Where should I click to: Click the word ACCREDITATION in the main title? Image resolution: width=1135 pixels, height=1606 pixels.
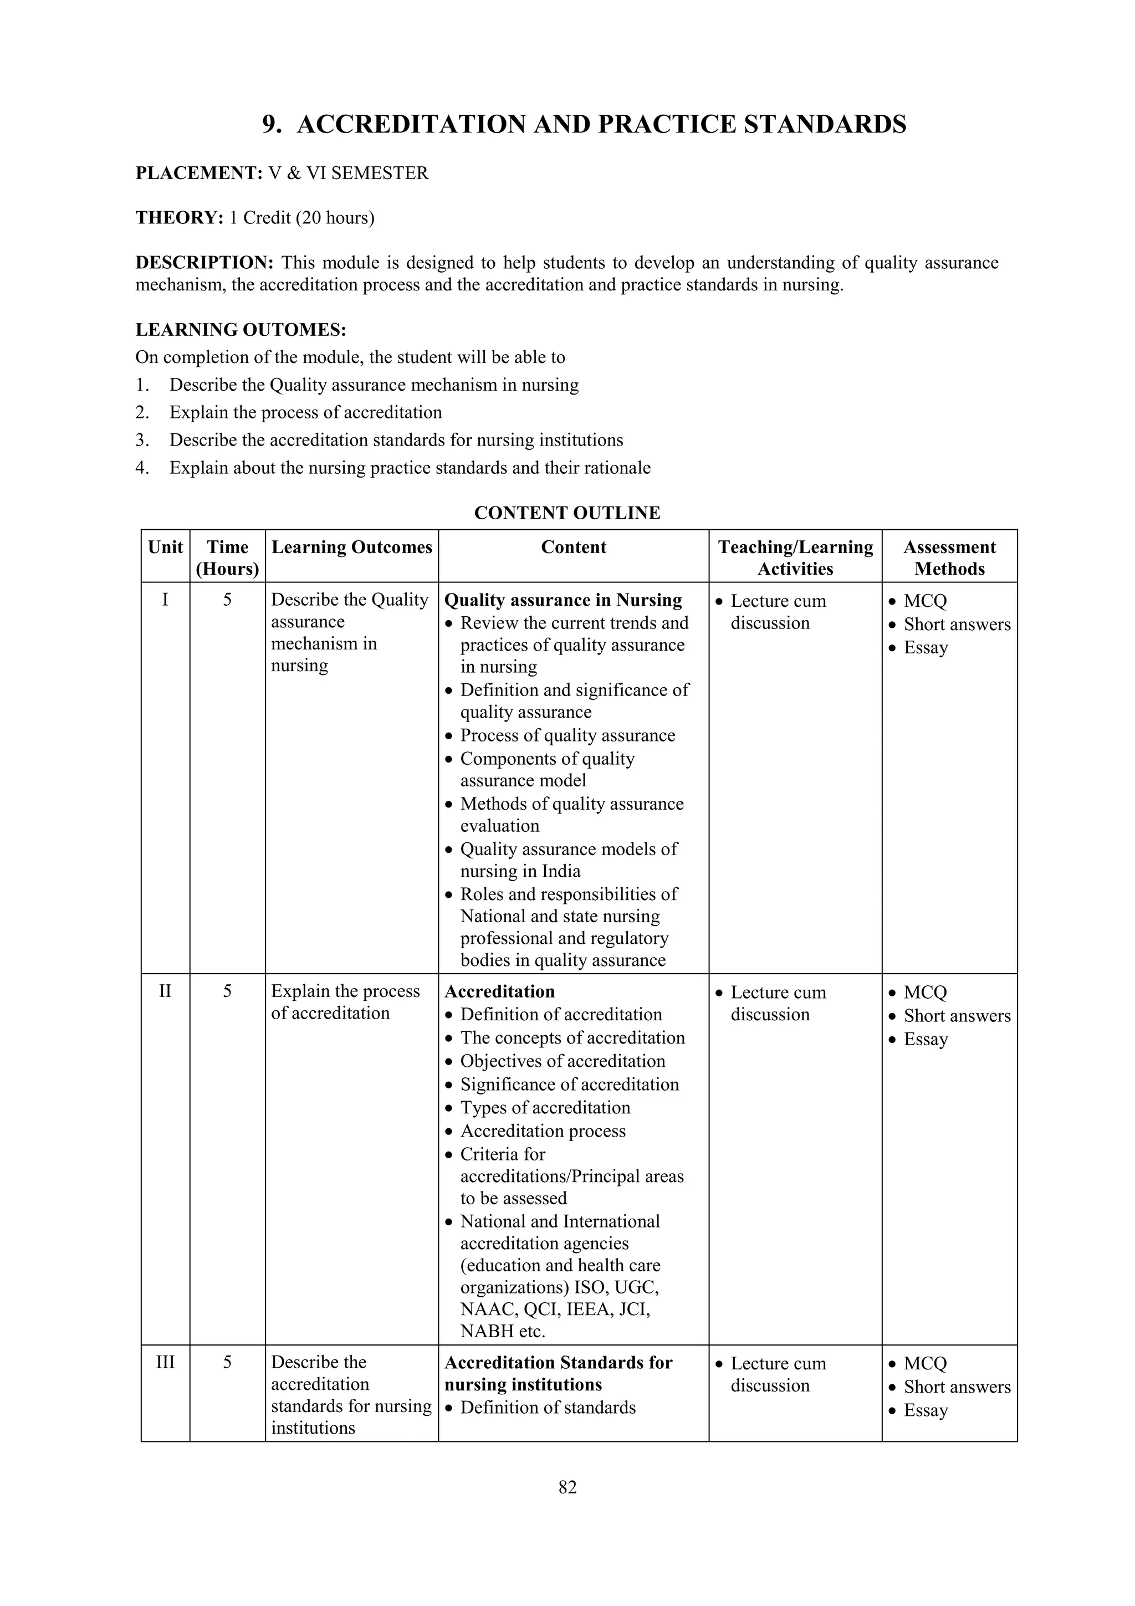411,125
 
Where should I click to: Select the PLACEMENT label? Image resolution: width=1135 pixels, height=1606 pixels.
198,173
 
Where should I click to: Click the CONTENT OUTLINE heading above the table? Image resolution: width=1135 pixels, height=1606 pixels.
567,513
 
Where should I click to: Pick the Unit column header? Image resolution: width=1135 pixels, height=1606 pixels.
165,547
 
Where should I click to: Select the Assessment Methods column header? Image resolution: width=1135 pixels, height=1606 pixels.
949,558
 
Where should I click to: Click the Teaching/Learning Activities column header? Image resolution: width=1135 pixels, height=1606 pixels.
795,558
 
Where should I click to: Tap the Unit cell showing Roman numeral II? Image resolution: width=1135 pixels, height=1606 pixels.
165,991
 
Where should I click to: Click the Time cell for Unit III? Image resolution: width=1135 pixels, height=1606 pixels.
227,1362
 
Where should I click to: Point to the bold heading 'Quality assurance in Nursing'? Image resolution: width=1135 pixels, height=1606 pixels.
563,600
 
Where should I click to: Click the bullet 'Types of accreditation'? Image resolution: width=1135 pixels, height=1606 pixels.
545,1107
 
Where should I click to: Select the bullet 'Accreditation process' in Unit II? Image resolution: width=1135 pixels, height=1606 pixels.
543,1131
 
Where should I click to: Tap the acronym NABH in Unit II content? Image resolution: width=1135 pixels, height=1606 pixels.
488,1331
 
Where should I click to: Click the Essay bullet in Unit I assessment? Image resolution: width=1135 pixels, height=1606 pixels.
925,647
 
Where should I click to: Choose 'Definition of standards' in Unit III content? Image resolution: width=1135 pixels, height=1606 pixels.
548,1408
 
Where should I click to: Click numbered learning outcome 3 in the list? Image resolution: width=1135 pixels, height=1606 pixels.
396,440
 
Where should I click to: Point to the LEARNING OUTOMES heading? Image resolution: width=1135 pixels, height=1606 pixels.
241,329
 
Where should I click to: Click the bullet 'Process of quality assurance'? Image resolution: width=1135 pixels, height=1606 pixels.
567,735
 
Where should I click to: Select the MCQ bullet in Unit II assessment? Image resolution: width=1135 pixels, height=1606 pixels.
924,992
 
